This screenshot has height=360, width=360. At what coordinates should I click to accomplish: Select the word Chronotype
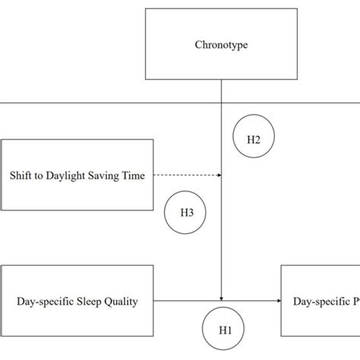[221, 46]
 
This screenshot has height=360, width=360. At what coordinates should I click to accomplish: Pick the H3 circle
[186, 212]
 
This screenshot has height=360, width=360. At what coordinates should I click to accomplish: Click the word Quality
[122, 302]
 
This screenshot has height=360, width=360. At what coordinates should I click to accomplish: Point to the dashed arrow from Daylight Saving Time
[186, 175]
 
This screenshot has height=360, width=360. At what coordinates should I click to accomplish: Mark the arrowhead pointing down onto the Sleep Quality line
[221, 298]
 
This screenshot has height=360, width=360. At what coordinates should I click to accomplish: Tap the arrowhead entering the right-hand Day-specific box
[278, 302]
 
